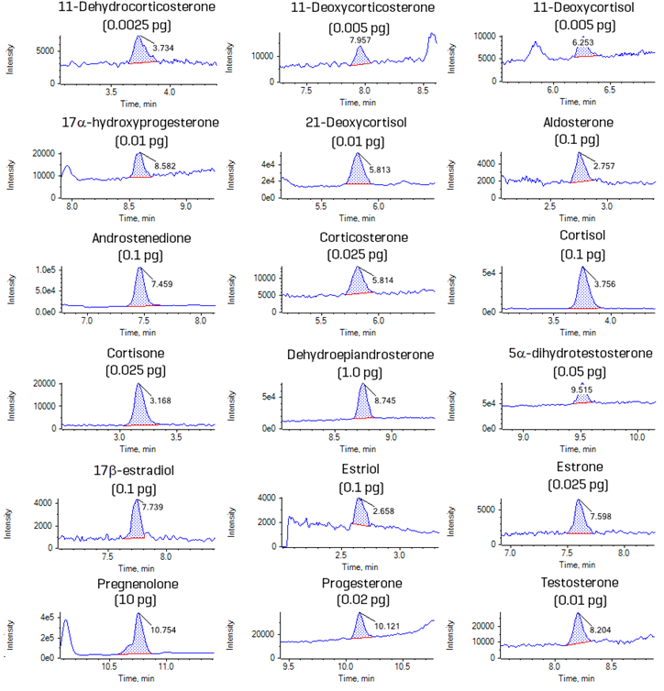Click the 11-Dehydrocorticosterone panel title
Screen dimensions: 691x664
click(138, 8)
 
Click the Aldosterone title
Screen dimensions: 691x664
click(578, 123)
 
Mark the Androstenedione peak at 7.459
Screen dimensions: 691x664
click(140, 291)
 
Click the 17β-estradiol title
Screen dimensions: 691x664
click(138, 467)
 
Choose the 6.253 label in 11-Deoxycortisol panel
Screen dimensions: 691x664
click(580, 42)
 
